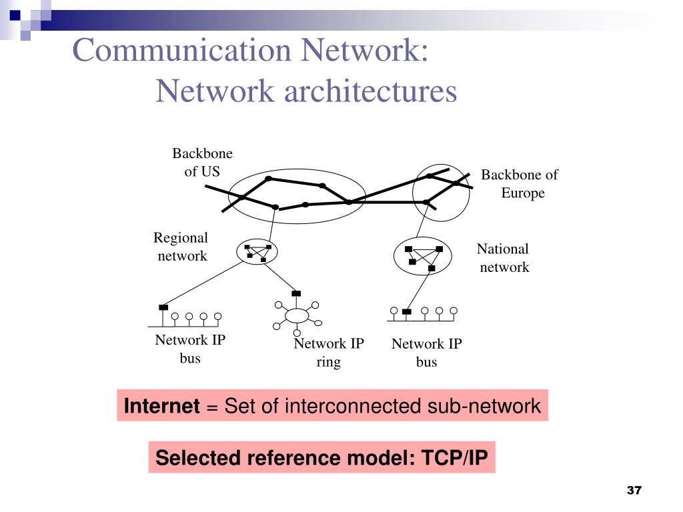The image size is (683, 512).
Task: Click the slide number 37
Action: coord(634,491)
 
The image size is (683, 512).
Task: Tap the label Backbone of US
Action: coord(202,162)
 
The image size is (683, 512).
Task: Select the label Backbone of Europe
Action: coord(520,184)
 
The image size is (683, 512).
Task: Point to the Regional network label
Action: coord(181,247)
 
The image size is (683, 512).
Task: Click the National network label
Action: coord(504,258)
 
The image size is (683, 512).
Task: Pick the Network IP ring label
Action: coord(329,353)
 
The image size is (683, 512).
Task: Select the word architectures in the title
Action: coord(371,91)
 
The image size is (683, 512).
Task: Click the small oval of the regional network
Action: coord(257,251)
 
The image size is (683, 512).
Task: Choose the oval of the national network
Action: coord(423,256)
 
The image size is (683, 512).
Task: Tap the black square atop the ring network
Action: coord(296,293)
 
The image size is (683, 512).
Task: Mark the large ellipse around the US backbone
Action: coord(297,196)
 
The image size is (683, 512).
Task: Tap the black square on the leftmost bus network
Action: coord(163,307)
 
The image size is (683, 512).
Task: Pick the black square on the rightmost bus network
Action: coord(407,311)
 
